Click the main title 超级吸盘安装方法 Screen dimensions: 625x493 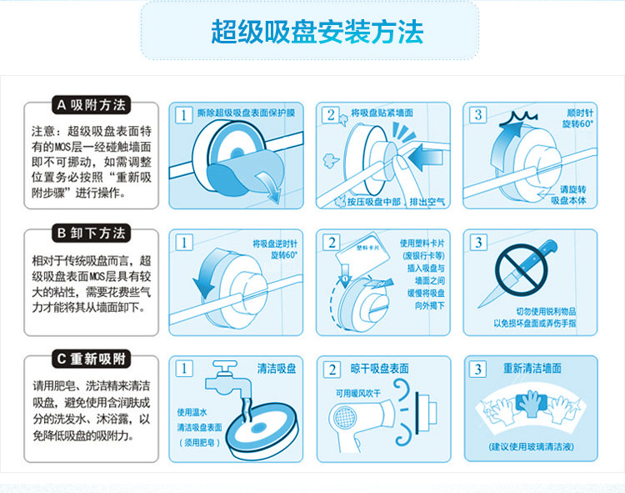[x=317, y=32]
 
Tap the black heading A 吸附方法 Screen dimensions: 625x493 [x=92, y=105]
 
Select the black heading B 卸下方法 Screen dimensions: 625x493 [x=92, y=233]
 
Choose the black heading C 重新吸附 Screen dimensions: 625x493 [x=92, y=359]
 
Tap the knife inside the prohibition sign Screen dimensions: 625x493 [x=518, y=274]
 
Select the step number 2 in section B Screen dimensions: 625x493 [x=332, y=243]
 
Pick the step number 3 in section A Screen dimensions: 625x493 [x=478, y=115]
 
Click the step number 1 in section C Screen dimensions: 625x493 [x=184, y=368]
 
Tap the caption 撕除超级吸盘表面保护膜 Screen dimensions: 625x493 [x=246, y=113]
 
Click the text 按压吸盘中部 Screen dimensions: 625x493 [x=373, y=202]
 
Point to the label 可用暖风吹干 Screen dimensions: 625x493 [x=358, y=394]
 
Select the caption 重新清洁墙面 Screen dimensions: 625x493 [x=532, y=368]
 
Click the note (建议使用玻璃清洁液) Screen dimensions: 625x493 [x=532, y=447]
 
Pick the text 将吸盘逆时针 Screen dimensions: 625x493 [x=275, y=244]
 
